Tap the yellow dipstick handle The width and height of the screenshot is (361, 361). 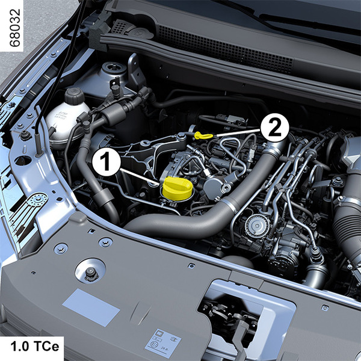coord(203,135)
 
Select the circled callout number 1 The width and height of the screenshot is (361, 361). coord(106,162)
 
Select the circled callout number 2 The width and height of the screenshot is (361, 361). coord(275,128)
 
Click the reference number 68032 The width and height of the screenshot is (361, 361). coord(15,28)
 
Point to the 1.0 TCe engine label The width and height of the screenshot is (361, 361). coord(35,347)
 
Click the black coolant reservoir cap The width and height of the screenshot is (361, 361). coord(75,96)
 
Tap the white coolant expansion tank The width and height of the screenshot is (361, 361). coord(67,122)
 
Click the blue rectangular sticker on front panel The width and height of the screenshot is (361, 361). coord(91,307)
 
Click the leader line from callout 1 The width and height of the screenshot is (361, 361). coord(140,177)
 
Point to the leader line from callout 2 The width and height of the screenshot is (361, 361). coord(238,132)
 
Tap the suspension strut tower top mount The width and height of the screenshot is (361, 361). coord(114,68)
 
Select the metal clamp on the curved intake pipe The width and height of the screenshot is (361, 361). coord(230,206)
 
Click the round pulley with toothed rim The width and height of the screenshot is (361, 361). coord(257,226)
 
